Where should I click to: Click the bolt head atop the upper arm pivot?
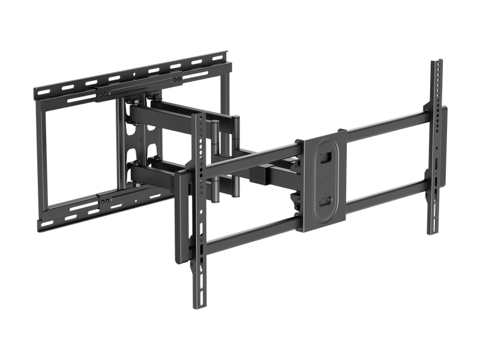(155, 95)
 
